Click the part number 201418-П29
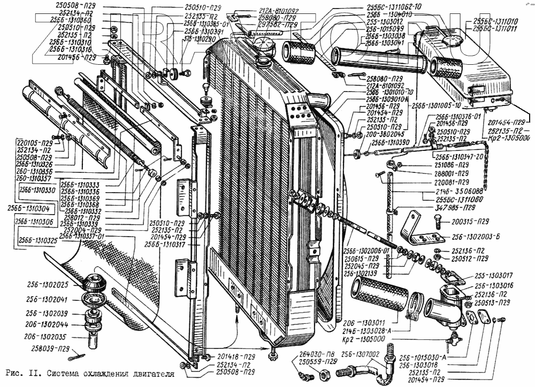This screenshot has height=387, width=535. click(x=235, y=356)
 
